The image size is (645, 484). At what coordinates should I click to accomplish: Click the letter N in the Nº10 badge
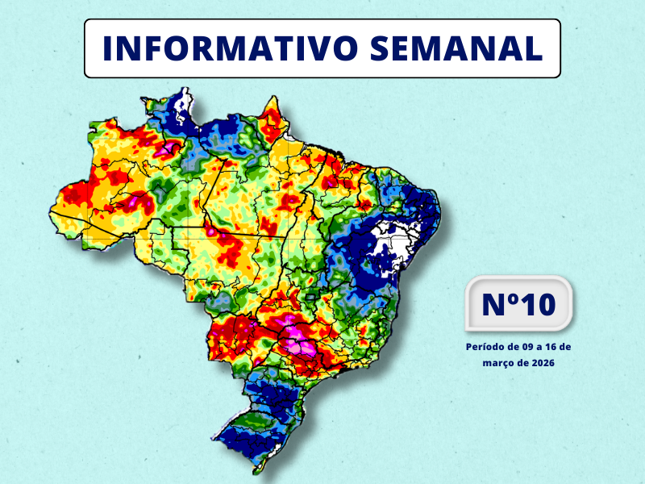pyautogui.click(x=493, y=305)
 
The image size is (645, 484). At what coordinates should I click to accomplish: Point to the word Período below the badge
pyautogui.click(x=485, y=346)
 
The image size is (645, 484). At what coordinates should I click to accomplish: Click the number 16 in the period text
pyautogui.click(x=554, y=346)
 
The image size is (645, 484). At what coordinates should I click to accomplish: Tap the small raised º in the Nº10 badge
pyautogui.click(x=513, y=298)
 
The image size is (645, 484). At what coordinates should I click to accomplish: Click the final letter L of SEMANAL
pyautogui.click(x=532, y=49)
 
